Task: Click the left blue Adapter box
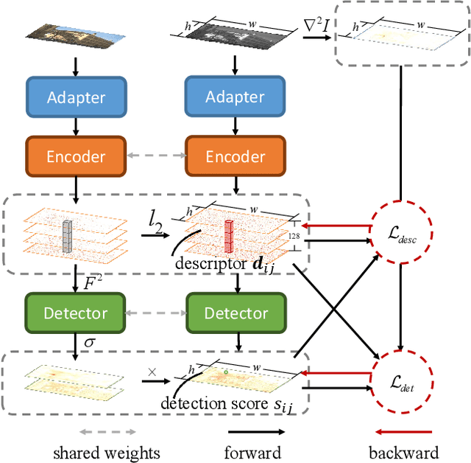(x=77, y=97)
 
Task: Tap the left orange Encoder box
(x=77, y=156)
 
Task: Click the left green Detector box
(x=77, y=313)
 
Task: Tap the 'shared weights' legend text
(x=107, y=452)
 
